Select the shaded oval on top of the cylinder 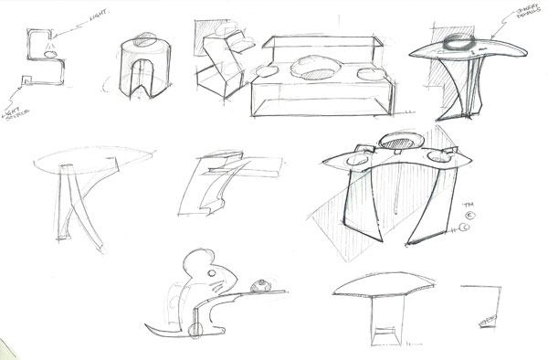tap(145, 41)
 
